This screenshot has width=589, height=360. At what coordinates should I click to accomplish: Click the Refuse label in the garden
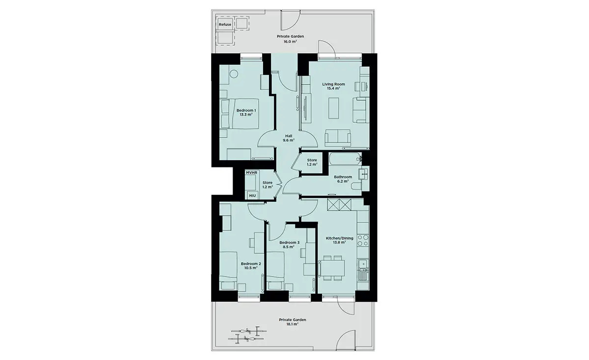pos(225,25)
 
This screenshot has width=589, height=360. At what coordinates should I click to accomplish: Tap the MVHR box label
pos(251,172)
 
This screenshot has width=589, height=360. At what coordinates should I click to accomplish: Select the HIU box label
pos(252,196)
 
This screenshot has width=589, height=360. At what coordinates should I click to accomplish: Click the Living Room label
pos(334,84)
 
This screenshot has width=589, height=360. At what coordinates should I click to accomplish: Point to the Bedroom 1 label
pos(246,111)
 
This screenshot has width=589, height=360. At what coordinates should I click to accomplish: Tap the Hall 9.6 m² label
pos(289,138)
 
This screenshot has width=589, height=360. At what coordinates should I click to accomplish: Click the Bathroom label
pos(343,177)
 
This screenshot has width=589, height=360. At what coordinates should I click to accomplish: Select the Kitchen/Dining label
pos(340,238)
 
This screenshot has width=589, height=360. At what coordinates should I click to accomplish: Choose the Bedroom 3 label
pos(289,242)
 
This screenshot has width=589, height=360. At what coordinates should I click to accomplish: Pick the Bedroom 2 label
pos(251,264)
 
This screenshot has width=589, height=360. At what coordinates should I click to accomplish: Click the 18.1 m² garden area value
pos(293,324)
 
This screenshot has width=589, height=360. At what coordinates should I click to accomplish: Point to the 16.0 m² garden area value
pos(290,41)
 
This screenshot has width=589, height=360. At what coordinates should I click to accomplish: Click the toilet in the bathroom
pos(357,186)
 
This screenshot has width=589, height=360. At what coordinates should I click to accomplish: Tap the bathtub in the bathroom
pos(345,159)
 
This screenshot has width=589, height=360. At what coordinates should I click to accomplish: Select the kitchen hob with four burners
pos(363,240)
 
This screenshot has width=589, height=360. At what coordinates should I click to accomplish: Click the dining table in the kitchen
pos(331,268)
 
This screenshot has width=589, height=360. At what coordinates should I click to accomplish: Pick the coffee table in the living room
pos(333,108)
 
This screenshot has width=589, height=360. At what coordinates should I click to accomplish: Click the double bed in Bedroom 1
pos(240,113)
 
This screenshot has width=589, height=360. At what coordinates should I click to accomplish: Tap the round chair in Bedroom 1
pos(234,73)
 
